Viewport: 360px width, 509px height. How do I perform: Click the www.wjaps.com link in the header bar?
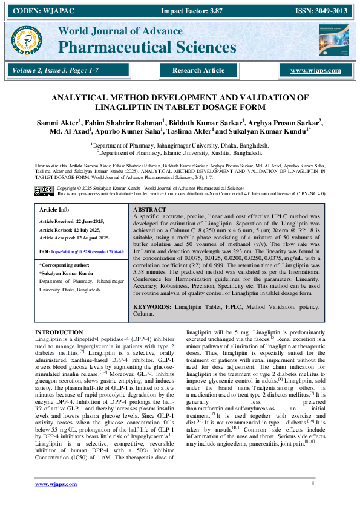[315, 71]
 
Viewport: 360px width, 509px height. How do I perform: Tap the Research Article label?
[198, 71]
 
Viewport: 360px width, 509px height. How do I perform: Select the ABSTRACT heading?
[149, 209]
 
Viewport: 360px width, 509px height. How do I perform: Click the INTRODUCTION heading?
[59, 332]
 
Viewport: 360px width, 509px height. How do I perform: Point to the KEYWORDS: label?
[152, 307]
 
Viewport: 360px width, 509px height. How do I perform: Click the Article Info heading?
[54, 209]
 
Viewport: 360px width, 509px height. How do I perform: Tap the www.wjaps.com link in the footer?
[56, 484]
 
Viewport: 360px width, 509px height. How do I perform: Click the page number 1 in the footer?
[313, 483]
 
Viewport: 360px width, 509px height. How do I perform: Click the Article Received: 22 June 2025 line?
[74, 222]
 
